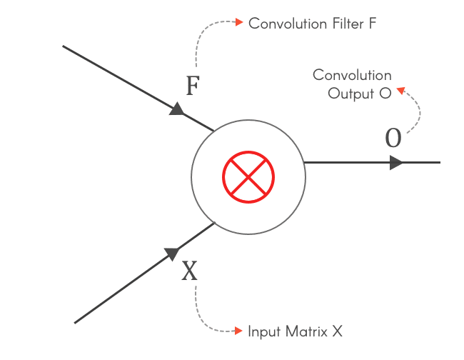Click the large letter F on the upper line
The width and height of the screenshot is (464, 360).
click(x=192, y=86)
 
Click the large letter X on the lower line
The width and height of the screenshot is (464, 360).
click(x=189, y=271)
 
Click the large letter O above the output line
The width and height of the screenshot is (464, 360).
click(x=393, y=139)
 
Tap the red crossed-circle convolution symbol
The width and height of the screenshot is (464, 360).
click(x=248, y=176)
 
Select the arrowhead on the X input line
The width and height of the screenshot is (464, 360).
click(x=171, y=254)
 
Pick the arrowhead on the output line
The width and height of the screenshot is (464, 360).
click(x=396, y=162)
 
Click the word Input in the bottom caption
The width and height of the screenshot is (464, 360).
click(x=263, y=331)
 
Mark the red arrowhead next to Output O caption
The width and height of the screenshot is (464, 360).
click(x=400, y=91)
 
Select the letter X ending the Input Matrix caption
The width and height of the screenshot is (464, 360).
click(x=338, y=331)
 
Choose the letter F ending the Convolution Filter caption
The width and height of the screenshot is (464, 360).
click(x=372, y=23)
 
